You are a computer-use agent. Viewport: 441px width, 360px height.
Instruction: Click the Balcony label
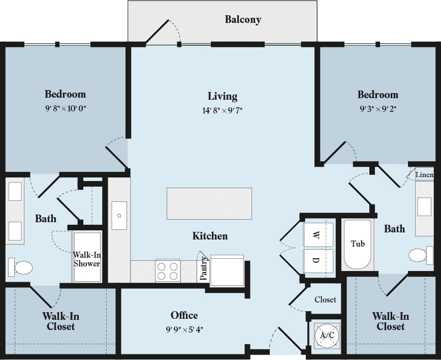pyautogui.click(x=243, y=20)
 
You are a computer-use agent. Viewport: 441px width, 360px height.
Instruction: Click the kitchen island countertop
pyautogui.click(x=209, y=203)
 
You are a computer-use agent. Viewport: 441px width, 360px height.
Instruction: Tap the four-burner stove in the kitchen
pyautogui.click(x=168, y=271)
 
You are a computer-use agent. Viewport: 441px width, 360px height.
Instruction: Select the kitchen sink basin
pyautogui.click(x=119, y=215)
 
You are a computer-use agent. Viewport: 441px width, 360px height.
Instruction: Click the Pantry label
pyautogui.click(x=203, y=268)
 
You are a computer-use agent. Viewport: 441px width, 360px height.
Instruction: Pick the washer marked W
pyautogui.click(x=318, y=235)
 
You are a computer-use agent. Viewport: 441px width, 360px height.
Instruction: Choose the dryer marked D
pyautogui.click(x=318, y=260)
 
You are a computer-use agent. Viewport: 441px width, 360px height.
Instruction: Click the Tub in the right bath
pyautogui.click(x=358, y=244)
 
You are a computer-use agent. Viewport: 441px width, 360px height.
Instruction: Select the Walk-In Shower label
pyautogui.click(x=86, y=259)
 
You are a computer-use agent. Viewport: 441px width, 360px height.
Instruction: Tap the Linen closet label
pyautogui.click(x=424, y=175)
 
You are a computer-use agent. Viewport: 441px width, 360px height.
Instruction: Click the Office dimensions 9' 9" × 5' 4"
pyautogui.click(x=184, y=329)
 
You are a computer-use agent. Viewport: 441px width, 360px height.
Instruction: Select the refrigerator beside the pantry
pyautogui.click(x=227, y=271)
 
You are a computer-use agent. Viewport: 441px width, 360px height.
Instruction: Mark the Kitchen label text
pyautogui.click(x=210, y=236)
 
